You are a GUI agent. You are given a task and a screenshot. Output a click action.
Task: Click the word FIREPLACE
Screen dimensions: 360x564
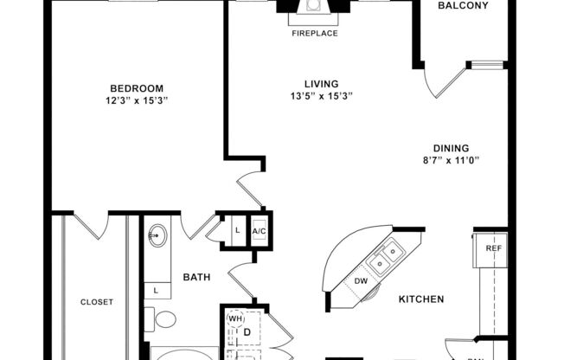tap(314, 34)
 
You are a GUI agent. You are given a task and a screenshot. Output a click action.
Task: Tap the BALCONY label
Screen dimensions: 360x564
tap(463, 6)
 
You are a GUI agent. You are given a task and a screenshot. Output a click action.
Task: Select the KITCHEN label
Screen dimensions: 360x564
tap(421, 299)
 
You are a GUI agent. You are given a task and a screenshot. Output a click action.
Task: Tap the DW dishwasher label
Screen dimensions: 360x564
tap(362, 282)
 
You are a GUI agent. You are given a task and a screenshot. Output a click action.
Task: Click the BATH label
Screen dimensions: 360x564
tap(195, 278)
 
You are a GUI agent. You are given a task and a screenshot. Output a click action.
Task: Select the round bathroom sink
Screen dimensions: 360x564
tap(157, 235)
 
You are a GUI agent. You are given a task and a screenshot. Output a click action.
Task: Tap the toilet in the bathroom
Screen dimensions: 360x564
tap(163, 318)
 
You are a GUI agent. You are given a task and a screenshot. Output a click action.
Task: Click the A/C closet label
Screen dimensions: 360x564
tap(259, 231)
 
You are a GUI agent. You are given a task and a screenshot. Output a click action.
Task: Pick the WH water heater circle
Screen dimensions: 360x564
tap(234, 319)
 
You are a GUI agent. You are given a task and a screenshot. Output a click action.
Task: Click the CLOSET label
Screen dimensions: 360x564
tap(96, 302)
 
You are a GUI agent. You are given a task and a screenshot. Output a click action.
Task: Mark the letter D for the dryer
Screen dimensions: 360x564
tap(246, 331)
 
